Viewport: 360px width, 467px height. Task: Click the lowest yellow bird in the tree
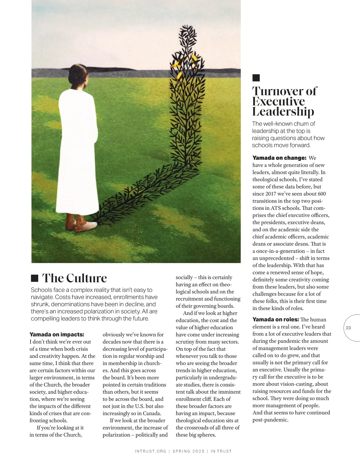click(179, 76)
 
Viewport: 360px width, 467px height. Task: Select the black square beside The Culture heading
click(35, 278)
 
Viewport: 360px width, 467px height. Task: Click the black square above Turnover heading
click(256, 78)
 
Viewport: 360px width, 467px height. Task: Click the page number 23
click(348, 328)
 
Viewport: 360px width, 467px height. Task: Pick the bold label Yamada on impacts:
click(57, 335)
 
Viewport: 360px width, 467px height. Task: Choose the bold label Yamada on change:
click(279, 158)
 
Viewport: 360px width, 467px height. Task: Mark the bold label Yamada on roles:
click(275, 320)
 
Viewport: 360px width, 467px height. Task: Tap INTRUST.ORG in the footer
click(150, 451)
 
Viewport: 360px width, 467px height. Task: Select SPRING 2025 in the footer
click(188, 451)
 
